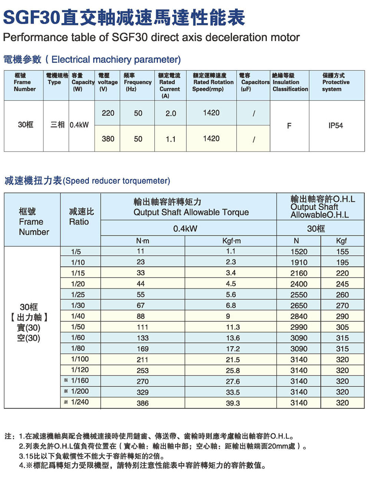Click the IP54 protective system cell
pos(336,126)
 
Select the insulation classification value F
pos(289,126)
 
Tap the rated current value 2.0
pos(171,113)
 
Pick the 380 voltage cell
pos(108,139)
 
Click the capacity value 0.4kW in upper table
pos(79,125)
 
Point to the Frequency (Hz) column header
pos(138,82)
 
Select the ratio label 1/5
pos(76,252)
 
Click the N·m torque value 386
pos(142,403)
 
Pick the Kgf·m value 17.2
pos(233,349)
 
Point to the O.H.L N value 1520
pos(299,252)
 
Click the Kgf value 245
pos(342,284)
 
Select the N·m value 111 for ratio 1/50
pos(142,327)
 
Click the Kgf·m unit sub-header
pos(232,241)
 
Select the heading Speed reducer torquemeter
pos(116,181)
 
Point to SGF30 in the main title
pos(32,17)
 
